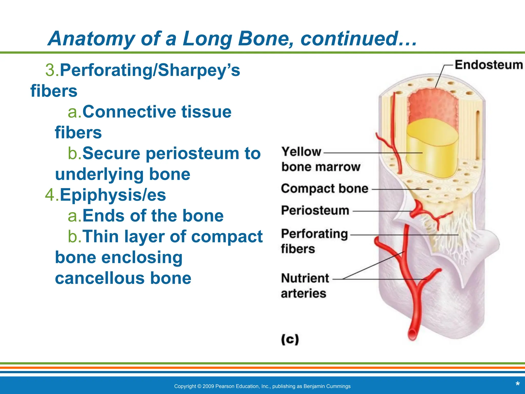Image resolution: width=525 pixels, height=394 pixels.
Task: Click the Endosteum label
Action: point(489,65)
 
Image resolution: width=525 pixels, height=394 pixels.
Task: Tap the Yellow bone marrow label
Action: point(320,159)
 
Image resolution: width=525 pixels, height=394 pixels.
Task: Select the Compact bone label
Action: point(325,189)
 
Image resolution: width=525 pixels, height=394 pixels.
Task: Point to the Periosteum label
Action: point(315,210)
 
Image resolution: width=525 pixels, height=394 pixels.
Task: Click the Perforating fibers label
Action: point(314,241)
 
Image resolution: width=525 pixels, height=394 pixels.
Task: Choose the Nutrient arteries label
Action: point(305,285)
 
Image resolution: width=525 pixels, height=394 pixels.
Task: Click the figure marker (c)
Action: point(290,339)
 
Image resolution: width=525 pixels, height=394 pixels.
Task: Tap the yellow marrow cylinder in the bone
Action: point(432,151)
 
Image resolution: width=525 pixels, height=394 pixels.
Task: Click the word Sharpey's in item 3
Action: point(199,70)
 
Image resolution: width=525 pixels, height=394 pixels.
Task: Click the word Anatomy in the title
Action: point(92,38)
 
